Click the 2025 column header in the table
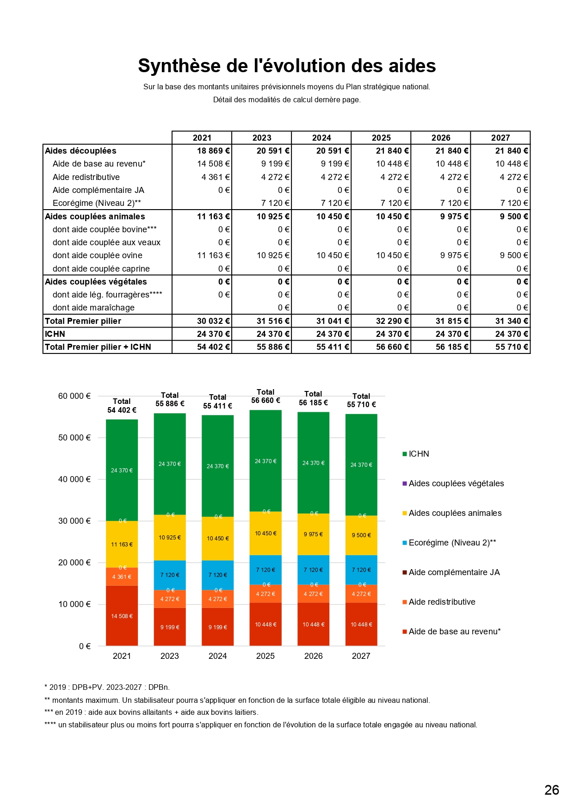381,138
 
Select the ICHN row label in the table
55,334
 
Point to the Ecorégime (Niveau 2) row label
97,203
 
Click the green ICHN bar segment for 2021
122,470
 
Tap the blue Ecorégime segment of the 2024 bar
217,575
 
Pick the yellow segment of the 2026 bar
313,534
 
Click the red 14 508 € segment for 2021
122,616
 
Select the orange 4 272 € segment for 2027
361,594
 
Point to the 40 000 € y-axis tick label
74,479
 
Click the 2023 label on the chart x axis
170,656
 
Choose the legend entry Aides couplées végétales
456,483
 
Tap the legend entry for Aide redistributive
442,602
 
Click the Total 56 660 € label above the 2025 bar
265,397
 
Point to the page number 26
552,790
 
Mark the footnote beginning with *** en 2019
151,713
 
